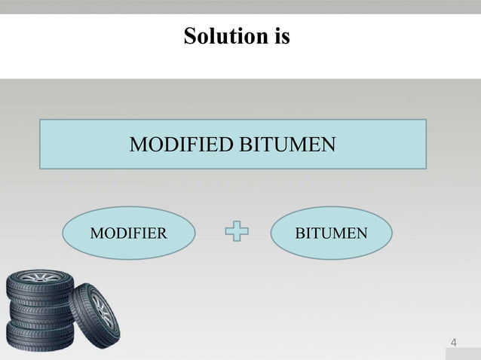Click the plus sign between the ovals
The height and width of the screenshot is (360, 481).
[x=237, y=233]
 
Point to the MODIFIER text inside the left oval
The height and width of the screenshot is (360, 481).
[x=128, y=233]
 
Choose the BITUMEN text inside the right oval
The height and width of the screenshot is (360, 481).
[x=331, y=233]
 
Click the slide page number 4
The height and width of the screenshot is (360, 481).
[x=453, y=343]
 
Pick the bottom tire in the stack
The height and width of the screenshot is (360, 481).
[x=39, y=334]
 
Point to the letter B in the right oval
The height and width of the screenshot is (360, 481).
[x=299, y=233]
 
